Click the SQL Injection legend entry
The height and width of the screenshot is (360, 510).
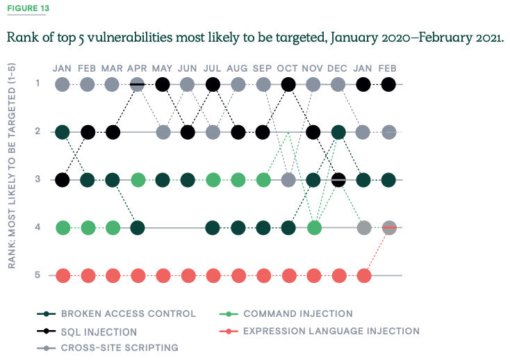pos(99,332)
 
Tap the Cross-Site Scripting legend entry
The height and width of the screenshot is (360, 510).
pos(120,347)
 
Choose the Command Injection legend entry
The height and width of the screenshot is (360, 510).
pos(297,313)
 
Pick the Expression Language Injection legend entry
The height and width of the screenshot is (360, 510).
pos(331,331)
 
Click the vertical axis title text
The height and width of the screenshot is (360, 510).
pos(13,165)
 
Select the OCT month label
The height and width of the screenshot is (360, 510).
pos(287,68)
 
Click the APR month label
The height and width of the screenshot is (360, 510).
pos(137,68)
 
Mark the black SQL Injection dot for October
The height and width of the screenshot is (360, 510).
pos(288,84)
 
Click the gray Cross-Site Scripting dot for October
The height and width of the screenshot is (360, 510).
pos(288,180)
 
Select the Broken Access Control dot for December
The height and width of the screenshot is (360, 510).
pos(338,132)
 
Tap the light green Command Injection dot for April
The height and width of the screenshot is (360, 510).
pos(138,180)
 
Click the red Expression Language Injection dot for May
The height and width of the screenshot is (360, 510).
pos(163,275)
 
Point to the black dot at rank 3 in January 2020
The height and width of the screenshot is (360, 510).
pos(63,180)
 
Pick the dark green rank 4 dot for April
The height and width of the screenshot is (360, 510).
pos(138,227)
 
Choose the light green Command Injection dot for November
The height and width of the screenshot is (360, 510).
pos(313,227)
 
